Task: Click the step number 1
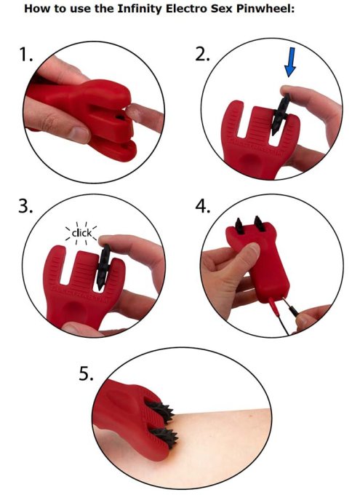tap(26, 55)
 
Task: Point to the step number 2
tap(202, 55)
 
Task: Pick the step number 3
tap(25, 206)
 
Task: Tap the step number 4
tap(203, 206)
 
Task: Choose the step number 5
tap(86, 373)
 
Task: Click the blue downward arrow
tap(290, 62)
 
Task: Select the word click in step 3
tap(81, 233)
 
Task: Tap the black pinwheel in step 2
tap(280, 114)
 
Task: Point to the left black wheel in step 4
tap(239, 226)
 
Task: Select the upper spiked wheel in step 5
tap(160, 412)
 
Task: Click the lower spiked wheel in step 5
tap(164, 437)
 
